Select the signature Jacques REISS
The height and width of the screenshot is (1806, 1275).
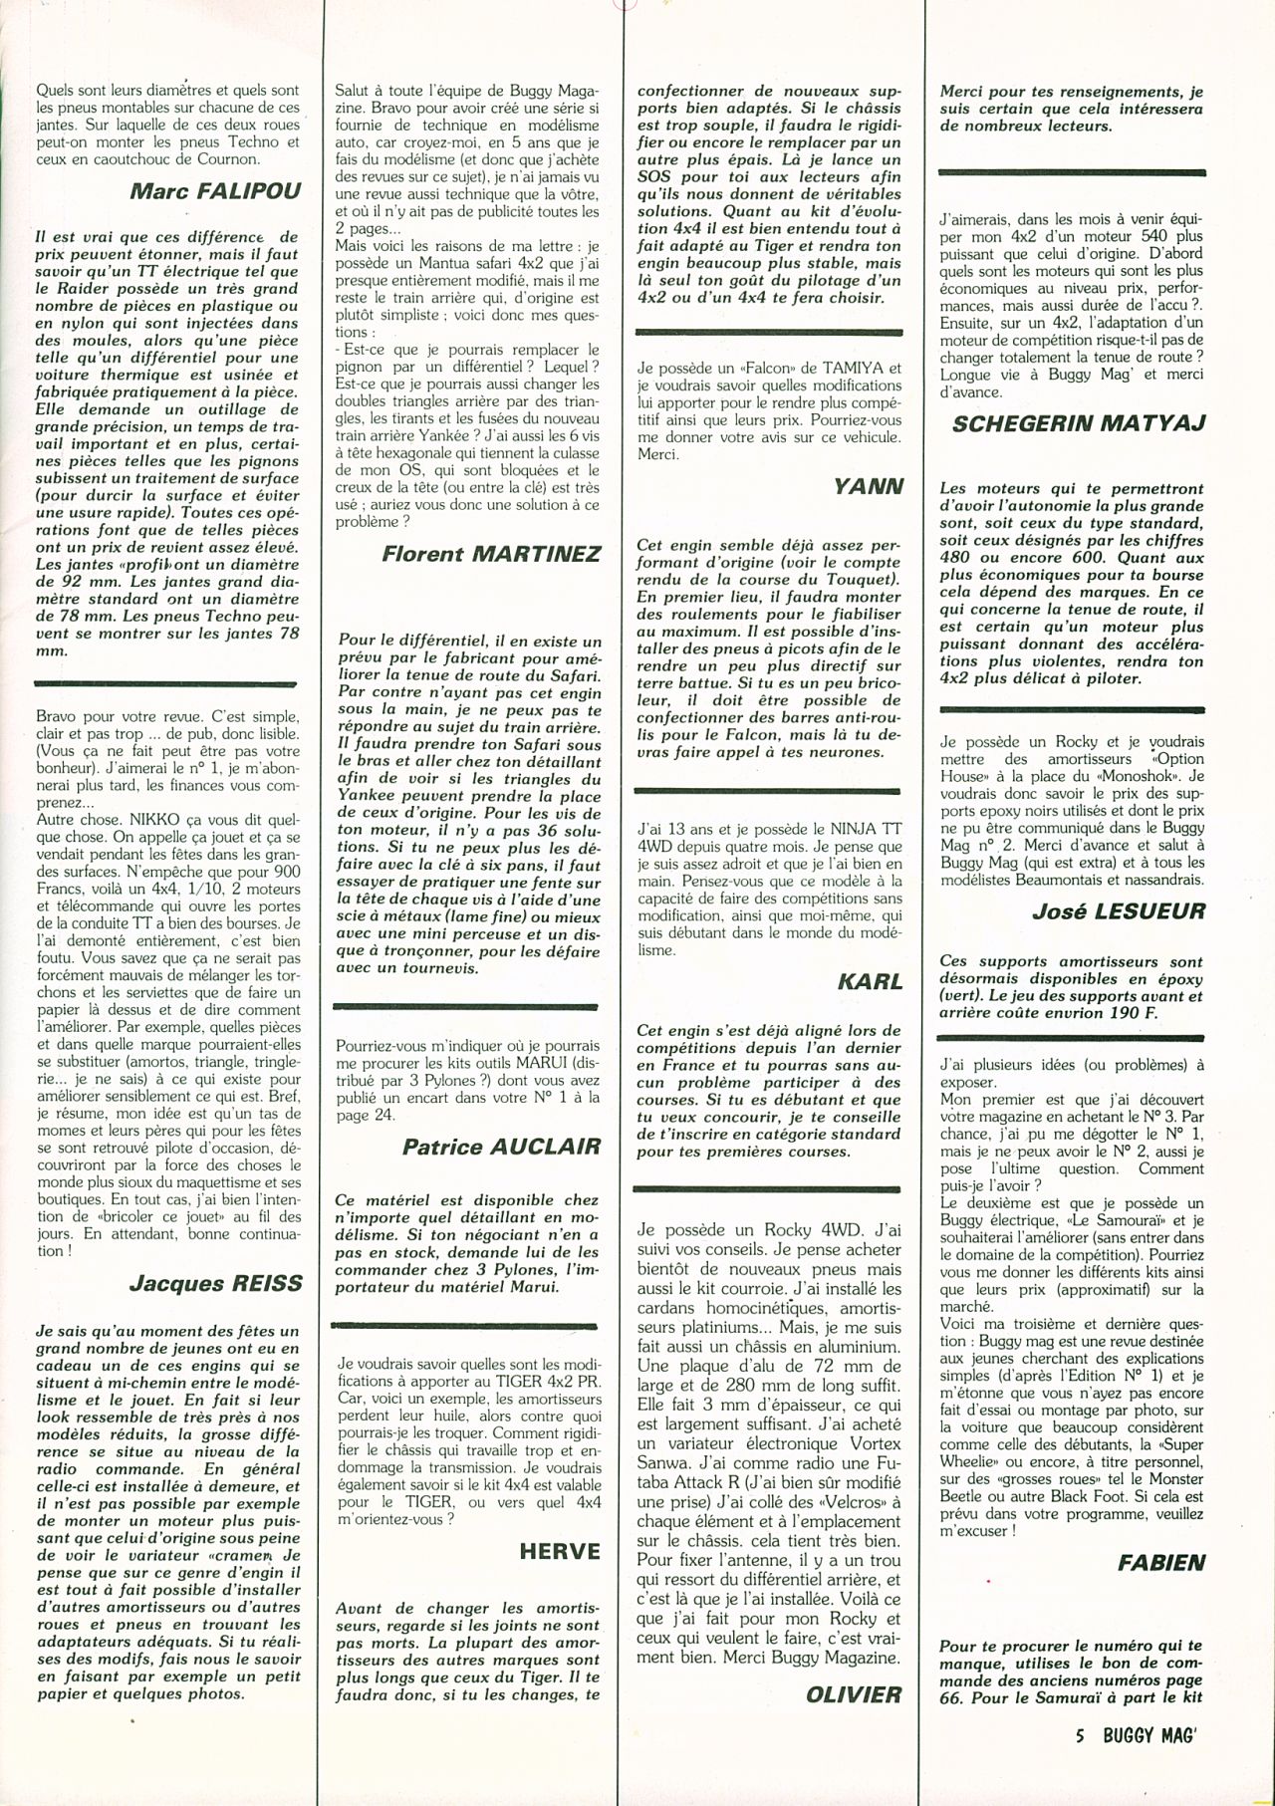pyautogui.click(x=216, y=1283)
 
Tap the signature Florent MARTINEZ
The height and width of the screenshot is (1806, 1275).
pyautogui.click(x=492, y=554)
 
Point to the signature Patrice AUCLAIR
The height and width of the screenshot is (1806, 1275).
pyautogui.click(x=502, y=1146)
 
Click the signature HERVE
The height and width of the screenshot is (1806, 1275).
pyautogui.click(x=561, y=1551)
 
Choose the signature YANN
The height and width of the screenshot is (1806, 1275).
pyautogui.click(x=869, y=487)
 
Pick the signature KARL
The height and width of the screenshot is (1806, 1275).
pyautogui.click(x=871, y=981)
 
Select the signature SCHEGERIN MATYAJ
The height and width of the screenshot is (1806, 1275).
pyautogui.click(x=1079, y=423)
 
